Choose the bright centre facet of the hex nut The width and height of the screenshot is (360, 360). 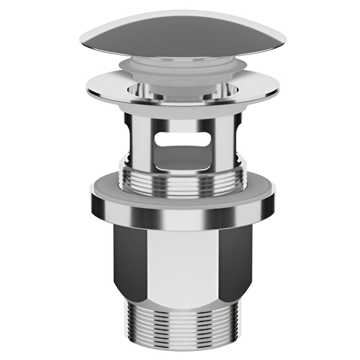(182, 262)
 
